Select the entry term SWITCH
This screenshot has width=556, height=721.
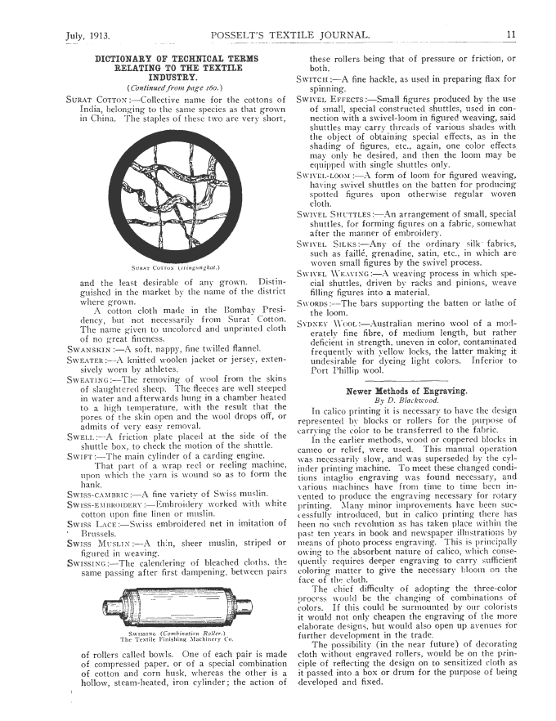316,78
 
